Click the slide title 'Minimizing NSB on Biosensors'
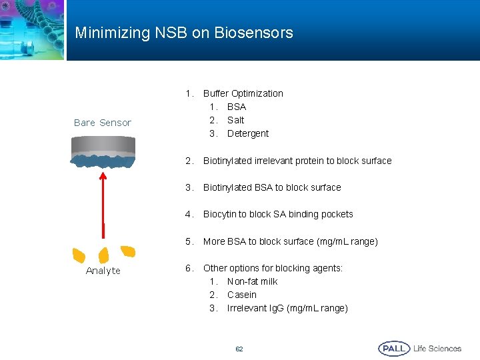[184, 33]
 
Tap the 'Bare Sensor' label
[103, 123]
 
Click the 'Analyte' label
[103, 271]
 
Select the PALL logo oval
[394, 349]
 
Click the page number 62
[239, 349]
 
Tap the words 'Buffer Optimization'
[243, 93]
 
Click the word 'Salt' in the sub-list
[235, 120]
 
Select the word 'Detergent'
[248, 133]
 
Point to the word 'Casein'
[241, 295]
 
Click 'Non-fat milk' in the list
[252, 281]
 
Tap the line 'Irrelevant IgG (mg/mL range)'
[287, 308]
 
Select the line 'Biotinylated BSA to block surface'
[272, 187]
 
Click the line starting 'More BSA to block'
[291, 241]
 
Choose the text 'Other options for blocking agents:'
[273, 268]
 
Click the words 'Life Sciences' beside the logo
[437, 349]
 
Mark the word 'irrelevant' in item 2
[276, 161]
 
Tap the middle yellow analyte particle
[103, 255]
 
